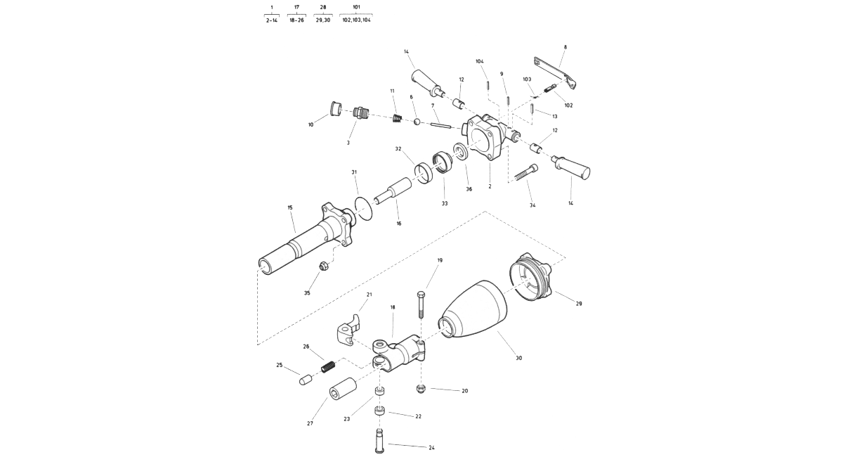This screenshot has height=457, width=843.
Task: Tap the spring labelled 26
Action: click(x=328, y=366)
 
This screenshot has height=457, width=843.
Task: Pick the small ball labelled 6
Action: click(x=417, y=122)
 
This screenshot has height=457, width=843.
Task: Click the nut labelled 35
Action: click(x=325, y=266)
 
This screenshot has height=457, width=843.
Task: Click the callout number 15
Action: click(x=290, y=207)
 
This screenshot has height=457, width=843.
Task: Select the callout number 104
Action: click(x=480, y=61)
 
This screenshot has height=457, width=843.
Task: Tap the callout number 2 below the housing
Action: click(x=490, y=186)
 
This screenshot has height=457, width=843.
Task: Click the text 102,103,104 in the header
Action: click(x=356, y=20)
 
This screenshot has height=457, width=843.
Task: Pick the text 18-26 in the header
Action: click(x=296, y=20)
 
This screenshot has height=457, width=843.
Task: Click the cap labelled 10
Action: click(x=335, y=109)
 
